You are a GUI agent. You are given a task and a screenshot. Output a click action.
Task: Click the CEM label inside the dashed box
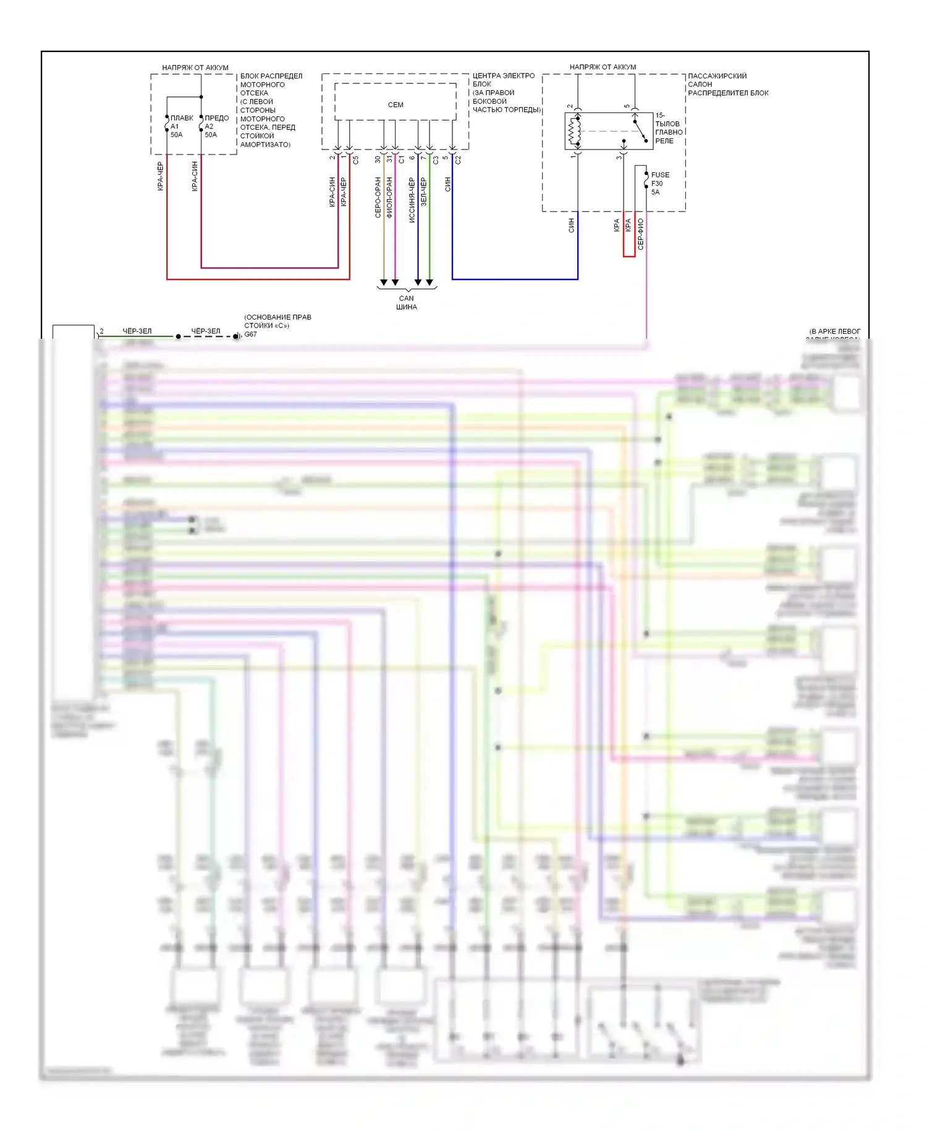pyautogui.click(x=396, y=105)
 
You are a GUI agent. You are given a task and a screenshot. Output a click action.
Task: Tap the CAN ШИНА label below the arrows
pyautogui.click(x=407, y=302)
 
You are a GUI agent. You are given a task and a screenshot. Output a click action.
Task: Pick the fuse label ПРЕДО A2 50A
pyautogui.click(x=216, y=126)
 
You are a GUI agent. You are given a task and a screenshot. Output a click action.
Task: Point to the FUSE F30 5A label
pyautogui.click(x=659, y=184)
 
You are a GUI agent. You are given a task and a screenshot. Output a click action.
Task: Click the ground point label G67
pyautogui.click(x=250, y=334)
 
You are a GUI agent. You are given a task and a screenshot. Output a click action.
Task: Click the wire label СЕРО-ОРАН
pyautogui.click(x=378, y=197)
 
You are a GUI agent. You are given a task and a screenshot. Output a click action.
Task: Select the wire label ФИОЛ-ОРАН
pyautogui.click(x=389, y=197)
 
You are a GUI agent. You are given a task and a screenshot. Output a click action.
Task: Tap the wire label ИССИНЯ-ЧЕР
pyautogui.click(x=412, y=200)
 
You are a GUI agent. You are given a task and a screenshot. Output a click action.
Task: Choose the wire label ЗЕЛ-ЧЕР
pyautogui.click(x=423, y=192)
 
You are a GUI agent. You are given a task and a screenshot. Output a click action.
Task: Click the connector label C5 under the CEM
pyautogui.click(x=356, y=159)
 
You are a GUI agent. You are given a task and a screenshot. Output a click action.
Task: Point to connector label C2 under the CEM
pyautogui.click(x=458, y=159)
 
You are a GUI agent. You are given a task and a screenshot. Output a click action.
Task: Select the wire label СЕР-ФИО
pyautogui.click(x=641, y=234)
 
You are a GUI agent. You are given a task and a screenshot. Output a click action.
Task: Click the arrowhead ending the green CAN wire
pyautogui.click(x=430, y=282)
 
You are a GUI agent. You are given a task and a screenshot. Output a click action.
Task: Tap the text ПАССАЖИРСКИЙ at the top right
pyautogui.click(x=717, y=76)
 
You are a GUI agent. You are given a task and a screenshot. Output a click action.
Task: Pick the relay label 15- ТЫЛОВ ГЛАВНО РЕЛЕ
pyautogui.click(x=668, y=128)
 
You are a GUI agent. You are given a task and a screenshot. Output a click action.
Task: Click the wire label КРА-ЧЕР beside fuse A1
pyautogui.click(x=160, y=176)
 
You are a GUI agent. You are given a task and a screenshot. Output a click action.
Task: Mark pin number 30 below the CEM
pyautogui.click(x=378, y=159)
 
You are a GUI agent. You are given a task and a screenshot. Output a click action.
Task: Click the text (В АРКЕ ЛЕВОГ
pyautogui.click(x=834, y=331)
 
